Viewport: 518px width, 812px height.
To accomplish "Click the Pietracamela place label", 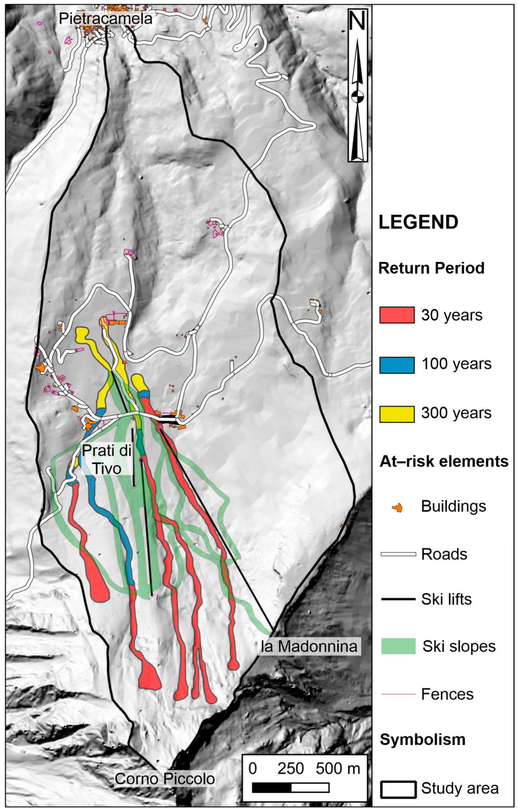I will pos(105,19).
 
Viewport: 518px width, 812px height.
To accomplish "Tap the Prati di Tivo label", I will pos(107,459).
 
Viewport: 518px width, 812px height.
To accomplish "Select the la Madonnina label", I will pos(309,646).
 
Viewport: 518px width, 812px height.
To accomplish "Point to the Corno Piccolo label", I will pos(164,778).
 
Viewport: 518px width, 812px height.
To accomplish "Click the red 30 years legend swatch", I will pos(397,315).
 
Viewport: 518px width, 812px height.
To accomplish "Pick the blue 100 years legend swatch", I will pos(397,365).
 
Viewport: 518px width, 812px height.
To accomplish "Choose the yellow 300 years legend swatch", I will pos(397,414).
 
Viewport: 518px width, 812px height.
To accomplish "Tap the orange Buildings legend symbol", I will pos(397,508).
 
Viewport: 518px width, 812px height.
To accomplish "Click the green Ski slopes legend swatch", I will pos(398,646).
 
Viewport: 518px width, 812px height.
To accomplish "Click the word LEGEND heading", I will pos(418,222).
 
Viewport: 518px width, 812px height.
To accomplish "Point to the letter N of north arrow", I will pos(357,21).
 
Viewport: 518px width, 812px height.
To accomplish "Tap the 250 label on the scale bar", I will pos(290,769).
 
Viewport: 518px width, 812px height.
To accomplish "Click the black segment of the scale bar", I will pos(272,788).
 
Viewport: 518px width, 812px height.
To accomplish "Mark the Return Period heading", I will pos(431,268).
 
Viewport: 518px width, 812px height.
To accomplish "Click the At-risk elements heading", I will pos(444,461).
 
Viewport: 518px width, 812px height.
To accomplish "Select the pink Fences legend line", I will pos(398,694).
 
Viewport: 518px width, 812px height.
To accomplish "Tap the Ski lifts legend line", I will pos(398,599).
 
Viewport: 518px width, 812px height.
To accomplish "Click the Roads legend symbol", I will pos(398,554).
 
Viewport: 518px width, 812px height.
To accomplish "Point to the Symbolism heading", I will pos(423,739).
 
